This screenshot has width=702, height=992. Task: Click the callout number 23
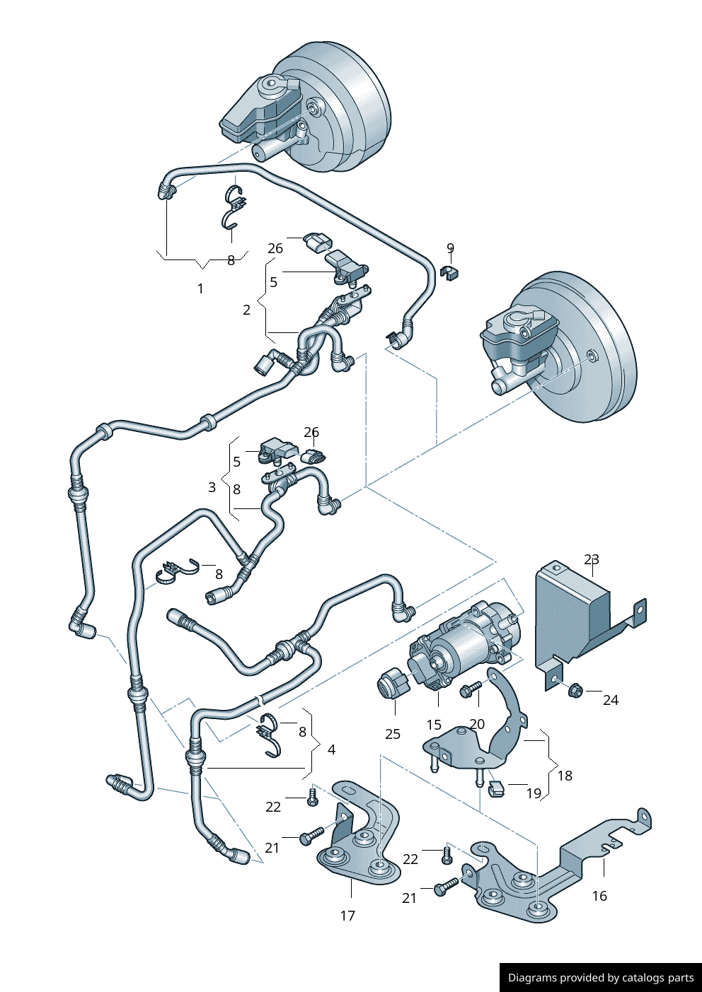click(592, 559)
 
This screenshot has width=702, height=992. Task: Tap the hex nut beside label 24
click(574, 688)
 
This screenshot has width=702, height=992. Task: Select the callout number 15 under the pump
click(434, 725)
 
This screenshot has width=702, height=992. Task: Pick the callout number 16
click(599, 896)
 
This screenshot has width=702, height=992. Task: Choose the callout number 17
click(347, 916)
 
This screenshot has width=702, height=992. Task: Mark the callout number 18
click(565, 776)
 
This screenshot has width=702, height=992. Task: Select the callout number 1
click(200, 288)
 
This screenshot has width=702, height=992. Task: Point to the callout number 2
click(246, 310)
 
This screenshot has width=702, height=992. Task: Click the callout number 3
click(212, 487)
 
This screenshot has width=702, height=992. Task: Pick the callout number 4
click(332, 749)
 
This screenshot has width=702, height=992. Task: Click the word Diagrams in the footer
click(532, 978)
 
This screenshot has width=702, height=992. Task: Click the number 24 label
click(611, 700)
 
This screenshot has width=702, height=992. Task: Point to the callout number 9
click(450, 248)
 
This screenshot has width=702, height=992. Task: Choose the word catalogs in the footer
click(640, 978)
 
